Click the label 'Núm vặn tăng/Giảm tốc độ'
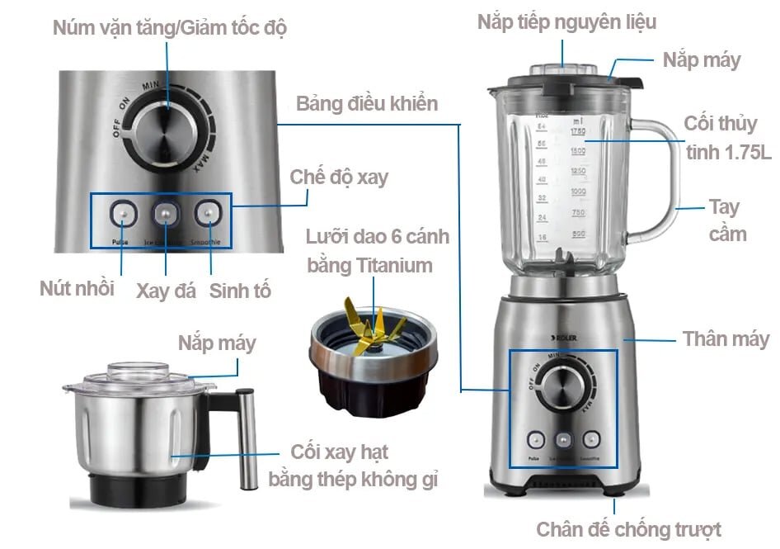[x=169, y=27]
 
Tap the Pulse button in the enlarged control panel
[x=122, y=214]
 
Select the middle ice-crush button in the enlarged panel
[x=166, y=214]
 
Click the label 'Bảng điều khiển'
[x=367, y=104]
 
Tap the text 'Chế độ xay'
[x=339, y=177]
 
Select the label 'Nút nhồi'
[x=77, y=289]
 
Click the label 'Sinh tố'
[x=240, y=291]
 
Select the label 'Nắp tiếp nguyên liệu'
[x=566, y=22]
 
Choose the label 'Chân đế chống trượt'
[x=628, y=529]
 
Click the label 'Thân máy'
[x=726, y=338]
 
